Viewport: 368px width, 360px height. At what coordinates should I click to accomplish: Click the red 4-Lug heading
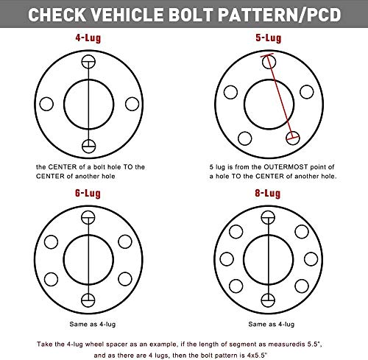(88, 38)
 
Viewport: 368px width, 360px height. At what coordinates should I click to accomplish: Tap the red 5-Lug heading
(268, 38)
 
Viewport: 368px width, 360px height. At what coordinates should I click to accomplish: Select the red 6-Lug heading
(88, 194)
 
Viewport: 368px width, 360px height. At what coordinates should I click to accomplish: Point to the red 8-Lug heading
(268, 194)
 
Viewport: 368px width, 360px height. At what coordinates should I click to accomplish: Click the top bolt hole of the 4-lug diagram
(88, 61)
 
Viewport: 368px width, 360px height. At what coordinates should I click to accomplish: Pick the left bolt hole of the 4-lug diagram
(46, 104)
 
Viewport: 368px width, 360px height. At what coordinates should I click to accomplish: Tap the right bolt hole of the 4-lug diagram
(132, 104)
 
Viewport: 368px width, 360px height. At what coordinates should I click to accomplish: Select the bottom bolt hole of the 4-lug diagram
(88, 147)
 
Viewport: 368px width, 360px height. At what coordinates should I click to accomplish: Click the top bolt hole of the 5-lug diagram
(269, 62)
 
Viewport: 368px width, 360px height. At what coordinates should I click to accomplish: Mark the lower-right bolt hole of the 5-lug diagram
(293, 138)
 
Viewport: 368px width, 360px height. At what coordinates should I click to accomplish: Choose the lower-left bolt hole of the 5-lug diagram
(245, 138)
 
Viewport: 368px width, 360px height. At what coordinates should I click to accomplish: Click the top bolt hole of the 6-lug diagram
(88, 217)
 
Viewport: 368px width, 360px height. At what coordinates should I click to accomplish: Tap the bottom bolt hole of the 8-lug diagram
(268, 300)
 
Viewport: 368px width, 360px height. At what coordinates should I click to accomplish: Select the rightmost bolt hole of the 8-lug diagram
(311, 259)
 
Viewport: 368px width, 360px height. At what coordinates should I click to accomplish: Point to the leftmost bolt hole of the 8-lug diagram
(227, 259)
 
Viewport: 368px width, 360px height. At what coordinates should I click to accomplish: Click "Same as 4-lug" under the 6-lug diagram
(93, 325)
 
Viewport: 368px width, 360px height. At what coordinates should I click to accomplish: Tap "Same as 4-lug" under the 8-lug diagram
(272, 325)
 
